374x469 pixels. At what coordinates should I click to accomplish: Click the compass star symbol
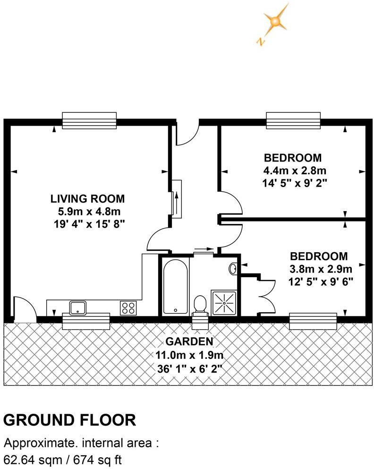click(274, 21)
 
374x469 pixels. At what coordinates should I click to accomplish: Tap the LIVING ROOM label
click(88, 199)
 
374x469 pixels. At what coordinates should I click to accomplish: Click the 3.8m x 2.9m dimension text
click(321, 270)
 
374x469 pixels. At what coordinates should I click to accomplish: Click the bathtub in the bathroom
click(176, 286)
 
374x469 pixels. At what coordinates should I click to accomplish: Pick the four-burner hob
click(128, 308)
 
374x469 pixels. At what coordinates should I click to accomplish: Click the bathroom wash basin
click(233, 269)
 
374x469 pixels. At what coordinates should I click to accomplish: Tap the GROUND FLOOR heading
click(70, 419)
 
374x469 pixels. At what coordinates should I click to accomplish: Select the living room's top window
click(89, 120)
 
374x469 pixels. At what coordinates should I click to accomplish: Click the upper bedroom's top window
click(293, 120)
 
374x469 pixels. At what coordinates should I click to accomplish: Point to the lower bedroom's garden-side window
click(313, 321)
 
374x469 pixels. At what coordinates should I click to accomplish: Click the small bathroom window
click(200, 322)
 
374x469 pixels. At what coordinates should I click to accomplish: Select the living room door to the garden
click(24, 309)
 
